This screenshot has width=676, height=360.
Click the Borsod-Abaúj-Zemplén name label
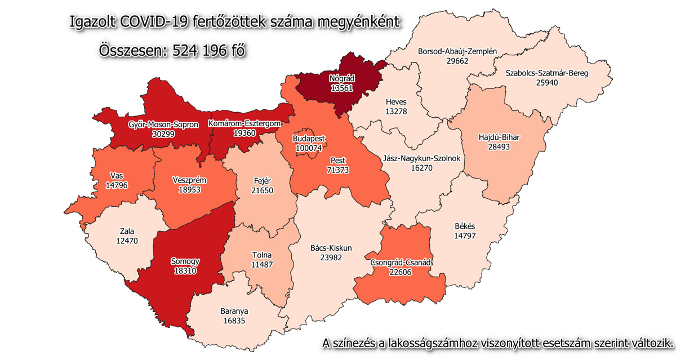tap(457, 52)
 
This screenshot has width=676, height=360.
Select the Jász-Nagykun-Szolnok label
tap(422, 158)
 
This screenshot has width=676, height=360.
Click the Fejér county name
tap(263, 181)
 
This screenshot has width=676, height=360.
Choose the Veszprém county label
tap(189, 180)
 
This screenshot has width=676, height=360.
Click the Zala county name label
tap(127, 231)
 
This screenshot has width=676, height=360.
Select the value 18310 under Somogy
tap(186, 271)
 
